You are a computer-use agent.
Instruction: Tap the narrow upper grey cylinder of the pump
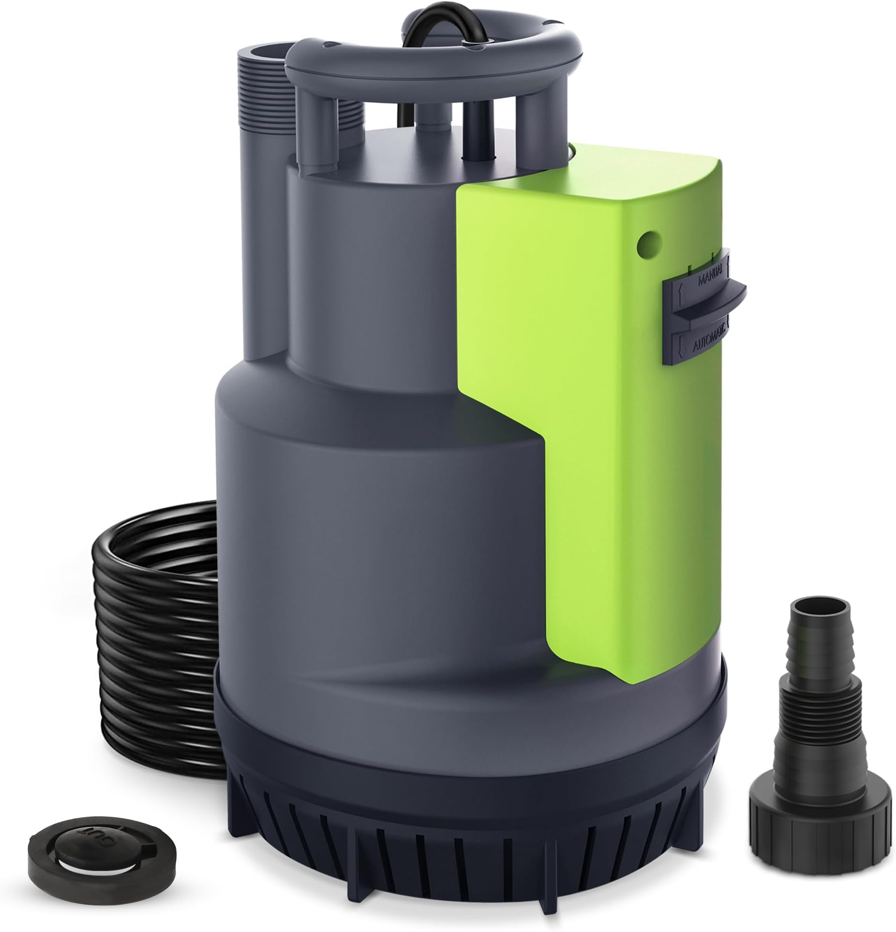click(x=368, y=271)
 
